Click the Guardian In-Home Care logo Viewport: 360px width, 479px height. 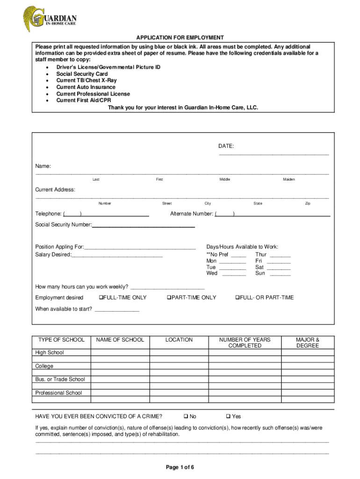[50, 19]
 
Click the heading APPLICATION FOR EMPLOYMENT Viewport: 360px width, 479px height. [180, 37]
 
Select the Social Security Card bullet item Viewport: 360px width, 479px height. [82, 74]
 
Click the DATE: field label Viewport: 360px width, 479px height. [226, 146]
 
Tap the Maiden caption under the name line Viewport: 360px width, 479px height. [288, 180]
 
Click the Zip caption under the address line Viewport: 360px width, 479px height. [307, 203]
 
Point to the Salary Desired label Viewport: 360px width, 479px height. [53, 254]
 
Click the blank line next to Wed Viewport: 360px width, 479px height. [234, 274]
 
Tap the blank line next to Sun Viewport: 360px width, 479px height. [280, 274]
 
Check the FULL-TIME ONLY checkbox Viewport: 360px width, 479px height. [101, 298]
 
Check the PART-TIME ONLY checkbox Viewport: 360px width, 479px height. [169, 298]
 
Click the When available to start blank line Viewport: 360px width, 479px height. [117, 311]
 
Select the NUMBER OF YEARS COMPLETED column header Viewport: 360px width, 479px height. [245, 342]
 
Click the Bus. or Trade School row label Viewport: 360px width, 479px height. [60, 379]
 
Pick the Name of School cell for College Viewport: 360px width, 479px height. [120, 366]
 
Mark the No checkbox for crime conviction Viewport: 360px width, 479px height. [186, 416]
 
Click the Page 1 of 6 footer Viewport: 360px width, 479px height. [180, 467]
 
